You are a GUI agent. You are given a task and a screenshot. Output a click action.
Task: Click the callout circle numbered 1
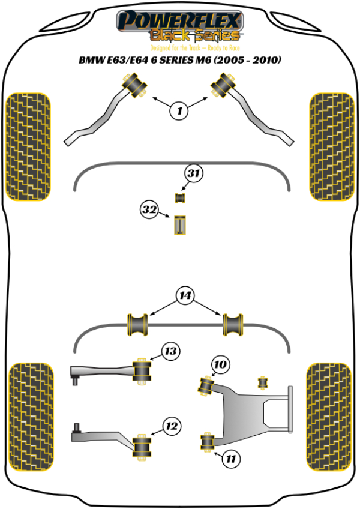point(179,110)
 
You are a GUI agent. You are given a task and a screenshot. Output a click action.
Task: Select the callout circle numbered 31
point(193,175)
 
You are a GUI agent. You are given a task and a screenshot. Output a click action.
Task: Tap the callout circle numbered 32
point(149,210)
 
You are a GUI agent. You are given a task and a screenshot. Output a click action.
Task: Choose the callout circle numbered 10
point(220,364)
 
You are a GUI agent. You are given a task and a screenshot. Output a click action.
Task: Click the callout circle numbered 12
point(172,427)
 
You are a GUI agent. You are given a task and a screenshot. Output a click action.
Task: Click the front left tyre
point(28,146)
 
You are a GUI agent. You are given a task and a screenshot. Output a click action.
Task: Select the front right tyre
point(331,146)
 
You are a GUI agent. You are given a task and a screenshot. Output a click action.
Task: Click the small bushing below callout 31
point(179,197)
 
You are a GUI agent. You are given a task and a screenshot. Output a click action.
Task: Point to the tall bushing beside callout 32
point(181,224)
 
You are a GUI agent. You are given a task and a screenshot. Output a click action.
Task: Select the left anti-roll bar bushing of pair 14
point(137,324)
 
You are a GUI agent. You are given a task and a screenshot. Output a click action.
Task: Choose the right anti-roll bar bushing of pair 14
point(233,324)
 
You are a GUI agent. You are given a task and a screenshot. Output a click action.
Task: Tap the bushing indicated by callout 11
point(208,443)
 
